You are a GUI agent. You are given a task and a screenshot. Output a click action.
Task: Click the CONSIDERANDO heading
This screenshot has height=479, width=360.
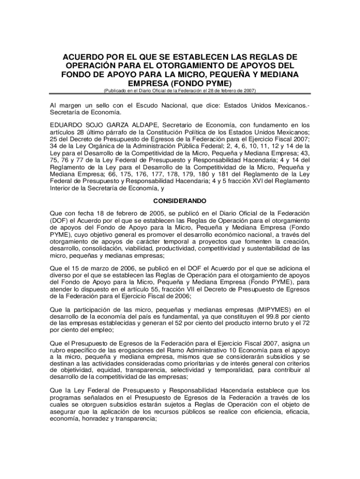point(180,201)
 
